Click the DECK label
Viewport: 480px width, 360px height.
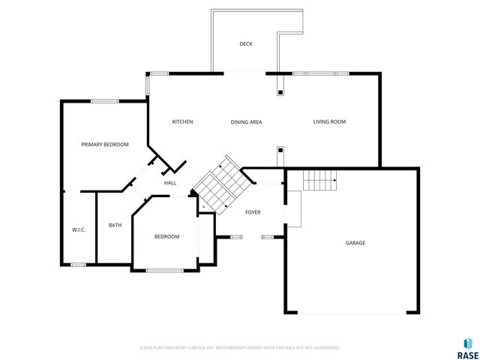pyautogui.click(x=246, y=44)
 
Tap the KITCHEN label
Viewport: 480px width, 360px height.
pyautogui.click(x=182, y=121)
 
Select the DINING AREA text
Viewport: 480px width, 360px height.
pyautogui.click(x=246, y=121)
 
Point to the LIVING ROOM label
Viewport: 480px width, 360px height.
pyautogui.click(x=329, y=121)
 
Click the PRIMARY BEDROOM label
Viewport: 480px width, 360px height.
pyautogui.click(x=105, y=144)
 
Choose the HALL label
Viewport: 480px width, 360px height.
pyautogui.click(x=170, y=183)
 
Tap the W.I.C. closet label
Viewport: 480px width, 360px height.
pyautogui.click(x=79, y=229)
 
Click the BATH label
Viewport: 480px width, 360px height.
pyautogui.click(x=115, y=225)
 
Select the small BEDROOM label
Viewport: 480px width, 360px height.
pyautogui.click(x=166, y=236)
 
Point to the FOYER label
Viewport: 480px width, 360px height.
pyautogui.click(x=253, y=212)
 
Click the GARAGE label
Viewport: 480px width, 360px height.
pyautogui.click(x=355, y=242)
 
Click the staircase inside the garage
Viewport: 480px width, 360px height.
pyautogui.click(x=320, y=180)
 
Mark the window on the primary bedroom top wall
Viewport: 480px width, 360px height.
pyautogui.click(x=104, y=101)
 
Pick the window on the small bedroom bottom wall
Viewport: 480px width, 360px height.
pyautogui.click(x=165, y=270)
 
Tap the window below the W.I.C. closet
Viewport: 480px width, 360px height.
pyautogui.click(x=78, y=264)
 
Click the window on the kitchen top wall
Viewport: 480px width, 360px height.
pyautogui.click(x=158, y=73)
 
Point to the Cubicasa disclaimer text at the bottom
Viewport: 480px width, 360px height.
pyautogui.click(x=240, y=348)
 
